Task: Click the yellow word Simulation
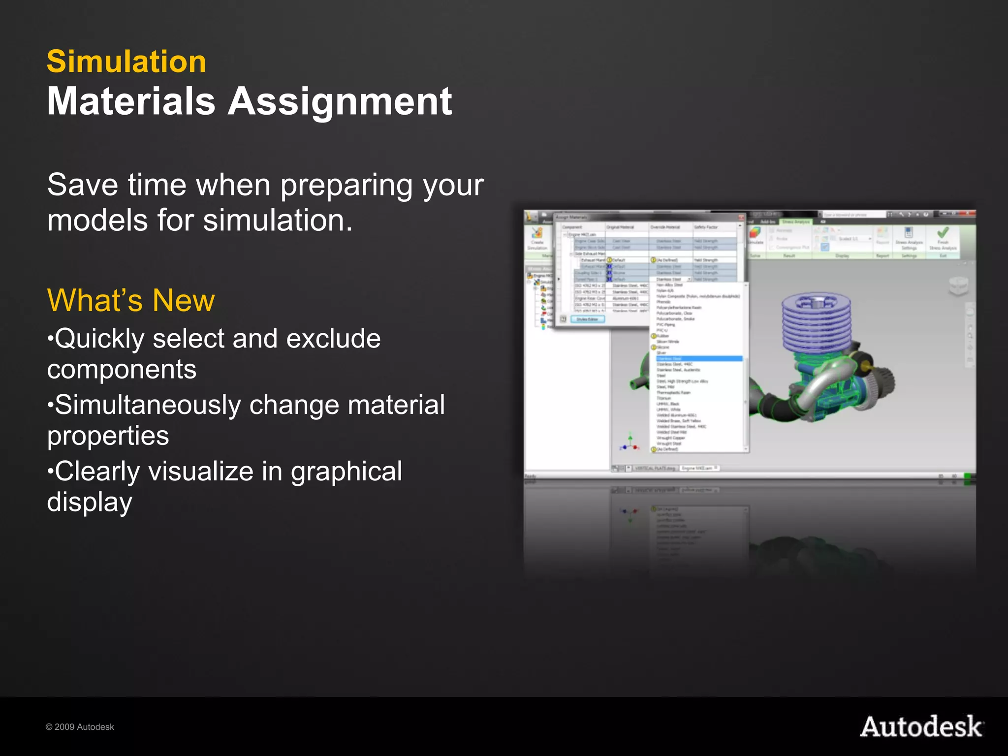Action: [126, 62]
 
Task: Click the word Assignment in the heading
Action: [340, 102]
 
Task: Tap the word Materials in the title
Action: [131, 102]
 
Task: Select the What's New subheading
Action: [131, 300]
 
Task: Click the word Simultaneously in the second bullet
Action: [148, 405]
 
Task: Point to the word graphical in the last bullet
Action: [346, 472]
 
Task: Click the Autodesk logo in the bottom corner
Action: [921, 727]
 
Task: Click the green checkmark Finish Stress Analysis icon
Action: [943, 233]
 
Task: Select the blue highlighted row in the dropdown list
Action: [699, 359]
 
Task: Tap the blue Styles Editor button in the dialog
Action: [587, 319]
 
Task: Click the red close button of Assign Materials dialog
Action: [741, 217]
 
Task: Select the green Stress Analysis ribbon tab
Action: [796, 222]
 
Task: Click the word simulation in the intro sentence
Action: [278, 220]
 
